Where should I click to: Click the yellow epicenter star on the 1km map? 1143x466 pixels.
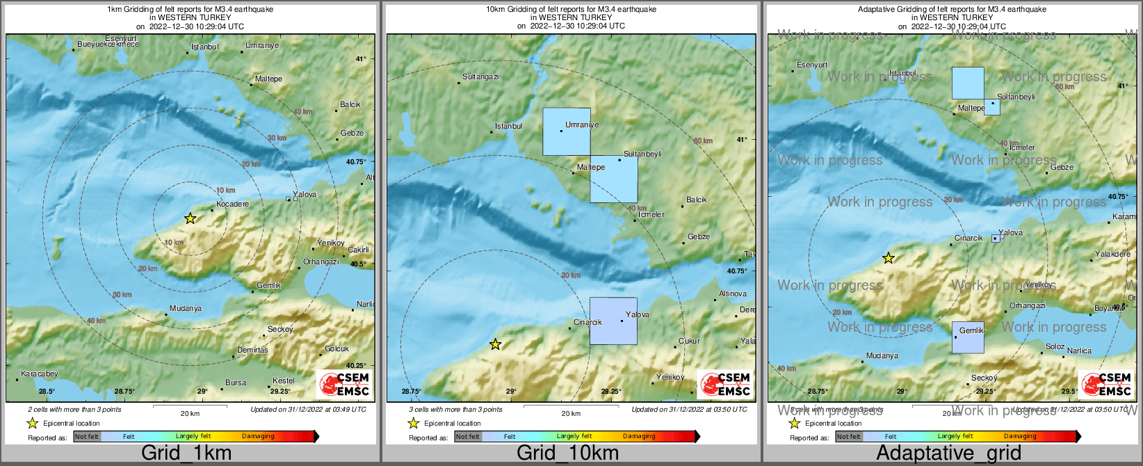(190, 218)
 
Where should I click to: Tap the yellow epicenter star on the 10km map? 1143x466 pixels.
(495, 344)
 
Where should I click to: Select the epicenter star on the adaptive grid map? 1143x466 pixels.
(888, 259)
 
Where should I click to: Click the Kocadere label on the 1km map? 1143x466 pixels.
(232, 204)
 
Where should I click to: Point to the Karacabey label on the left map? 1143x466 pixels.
(40, 373)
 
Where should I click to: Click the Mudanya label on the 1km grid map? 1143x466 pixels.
(186, 308)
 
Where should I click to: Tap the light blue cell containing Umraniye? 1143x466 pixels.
(567, 131)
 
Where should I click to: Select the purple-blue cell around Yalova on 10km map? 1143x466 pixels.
(613, 321)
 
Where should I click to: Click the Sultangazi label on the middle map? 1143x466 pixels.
(480, 77)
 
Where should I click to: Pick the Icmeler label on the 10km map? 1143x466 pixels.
(651, 214)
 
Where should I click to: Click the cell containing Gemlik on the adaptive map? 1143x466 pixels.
(968, 337)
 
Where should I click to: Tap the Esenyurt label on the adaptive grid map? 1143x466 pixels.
(812, 65)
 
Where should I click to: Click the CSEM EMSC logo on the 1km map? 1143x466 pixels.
(344, 384)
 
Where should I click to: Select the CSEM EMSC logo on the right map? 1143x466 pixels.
(1106, 384)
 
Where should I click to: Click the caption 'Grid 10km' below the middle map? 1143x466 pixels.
(567, 453)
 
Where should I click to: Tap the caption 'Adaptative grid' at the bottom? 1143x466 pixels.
(948, 453)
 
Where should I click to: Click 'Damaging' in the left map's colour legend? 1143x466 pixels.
(258, 436)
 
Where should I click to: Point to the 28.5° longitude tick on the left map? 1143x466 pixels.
(47, 392)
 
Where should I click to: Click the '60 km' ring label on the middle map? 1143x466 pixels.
(703, 140)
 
